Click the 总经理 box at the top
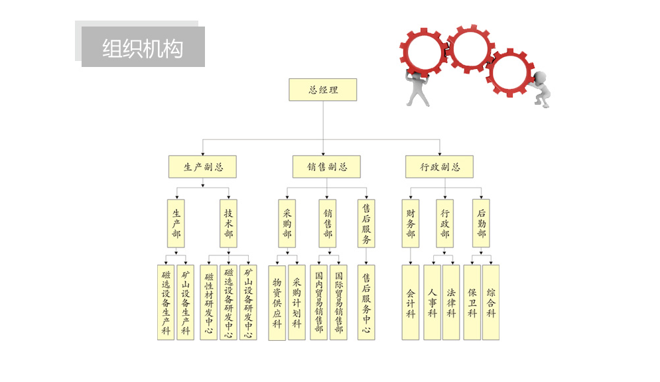pos(323,90)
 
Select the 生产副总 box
pos(202,166)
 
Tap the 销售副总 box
pos(326,166)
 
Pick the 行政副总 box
pos(439,166)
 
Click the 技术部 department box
pos(228,223)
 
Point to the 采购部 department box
pos(287,223)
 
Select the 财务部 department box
pos(411,223)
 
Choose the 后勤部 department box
pos(482,223)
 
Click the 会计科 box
pos(411,302)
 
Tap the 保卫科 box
pos(472,302)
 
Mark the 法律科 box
pos(451,302)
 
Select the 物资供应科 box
pos(277,302)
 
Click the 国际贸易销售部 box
pos(338,302)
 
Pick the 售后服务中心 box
pos(366,302)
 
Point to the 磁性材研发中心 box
pos(208,302)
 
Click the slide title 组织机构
pos(143,48)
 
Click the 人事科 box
pos(432,302)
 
